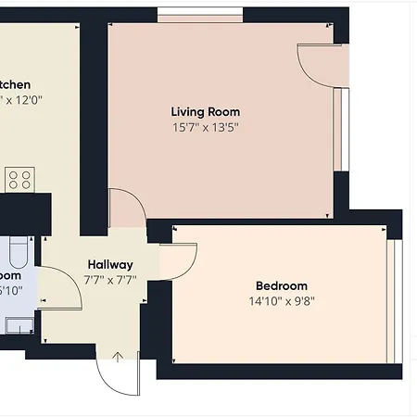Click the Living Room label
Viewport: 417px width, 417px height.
tap(205, 112)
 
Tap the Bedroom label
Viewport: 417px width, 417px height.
tap(281, 285)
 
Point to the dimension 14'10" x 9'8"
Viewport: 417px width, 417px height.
tap(281, 300)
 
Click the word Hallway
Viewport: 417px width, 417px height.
tap(109, 264)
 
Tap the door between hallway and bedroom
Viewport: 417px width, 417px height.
tap(178, 259)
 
